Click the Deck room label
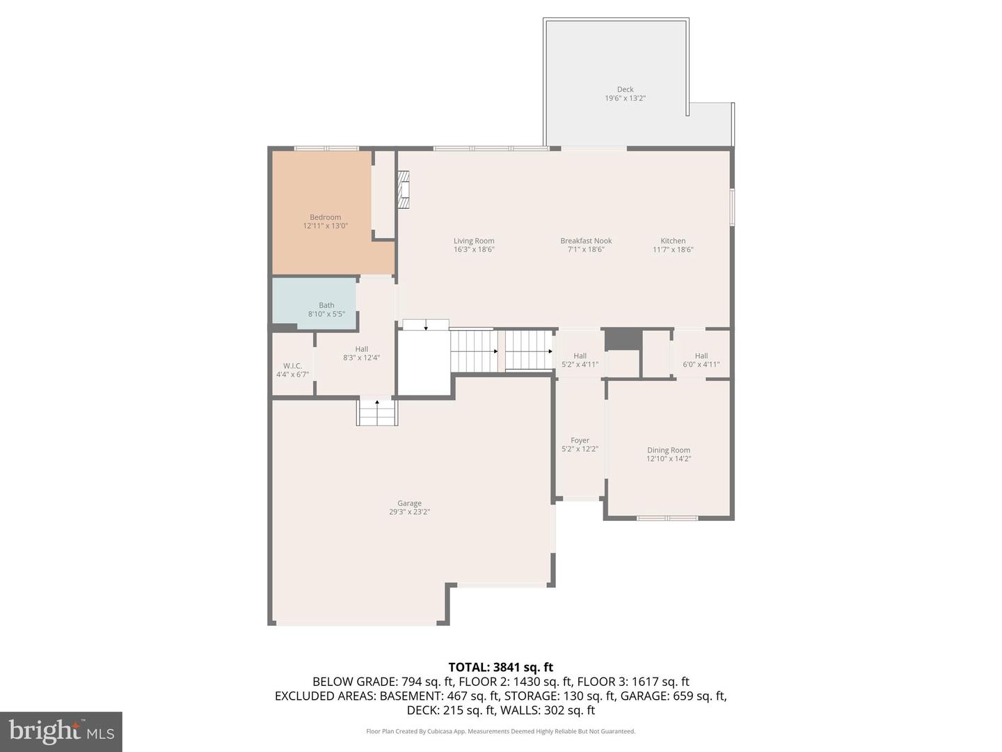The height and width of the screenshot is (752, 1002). (x=625, y=90)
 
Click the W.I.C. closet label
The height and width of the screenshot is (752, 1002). (x=292, y=366)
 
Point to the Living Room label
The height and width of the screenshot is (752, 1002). (x=474, y=241)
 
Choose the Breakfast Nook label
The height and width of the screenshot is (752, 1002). (x=586, y=241)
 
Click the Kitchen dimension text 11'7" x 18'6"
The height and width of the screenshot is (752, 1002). (x=673, y=250)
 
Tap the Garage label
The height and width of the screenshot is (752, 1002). (x=409, y=503)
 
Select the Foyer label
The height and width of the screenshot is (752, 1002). (x=580, y=441)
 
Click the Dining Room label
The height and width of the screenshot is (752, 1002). (x=668, y=451)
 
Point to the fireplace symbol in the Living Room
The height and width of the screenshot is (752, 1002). (x=404, y=189)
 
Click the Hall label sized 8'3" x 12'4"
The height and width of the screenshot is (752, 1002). (x=361, y=350)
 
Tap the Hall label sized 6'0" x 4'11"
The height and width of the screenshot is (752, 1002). (x=701, y=356)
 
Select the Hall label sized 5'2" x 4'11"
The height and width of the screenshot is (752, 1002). (x=580, y=356)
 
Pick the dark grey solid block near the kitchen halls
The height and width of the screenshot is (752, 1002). (x=622, y=339)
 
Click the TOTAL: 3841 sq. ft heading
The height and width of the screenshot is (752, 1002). (x=500, y=667)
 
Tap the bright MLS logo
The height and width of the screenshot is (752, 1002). (x=61, y=731)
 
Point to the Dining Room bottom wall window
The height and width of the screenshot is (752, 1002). (x=667, y=518)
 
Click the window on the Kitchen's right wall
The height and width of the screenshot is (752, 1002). (x=732, y=207)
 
